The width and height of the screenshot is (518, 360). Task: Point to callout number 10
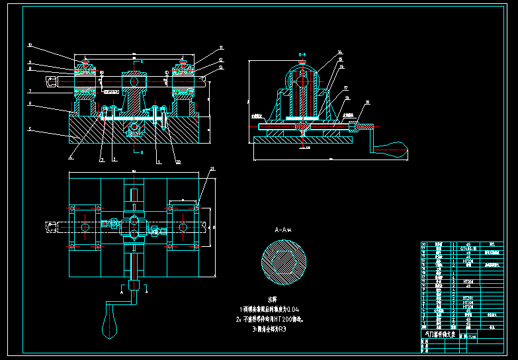30,45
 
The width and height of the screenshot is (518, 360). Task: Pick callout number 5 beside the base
30,130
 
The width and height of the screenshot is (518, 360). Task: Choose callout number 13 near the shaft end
221,67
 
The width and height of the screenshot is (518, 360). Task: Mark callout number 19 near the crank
368,103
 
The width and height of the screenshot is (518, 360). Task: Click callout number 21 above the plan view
212,169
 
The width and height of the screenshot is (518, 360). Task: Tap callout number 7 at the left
30,91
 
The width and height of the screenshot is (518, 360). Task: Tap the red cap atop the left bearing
85,63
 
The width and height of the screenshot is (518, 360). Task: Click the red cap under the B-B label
302,64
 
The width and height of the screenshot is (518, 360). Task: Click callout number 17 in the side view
346,87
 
